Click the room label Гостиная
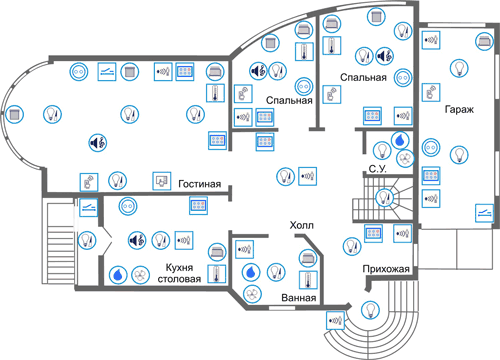pyautogui.click(x=200, y=184)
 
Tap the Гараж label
pyautogui.click(x=459, y=109)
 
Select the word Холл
pyautogui.click(x=302, y=225)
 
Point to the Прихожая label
pyautogui.click(x=386, y=269)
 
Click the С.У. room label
pyautogui.click(x=378, y=169)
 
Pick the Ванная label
pyautogui.click(x=299, y=297)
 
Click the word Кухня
pyautogui.click(x=179, y=267)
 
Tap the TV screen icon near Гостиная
pyautogui.click(x=162, y=181)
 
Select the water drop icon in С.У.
pyautogui.click(x=400, y=140)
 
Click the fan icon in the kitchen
pyautogui.click(x=140, y=275)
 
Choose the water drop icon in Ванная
pyautogui.click(x=252, y=272)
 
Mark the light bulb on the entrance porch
pyautogui.click(x=370, y=310)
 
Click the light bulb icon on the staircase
pyautogui.click(x=384, y=198)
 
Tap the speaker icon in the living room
pyautogui.click(x=98, y=143)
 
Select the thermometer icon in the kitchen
pyautogui.click(x=217, y=274)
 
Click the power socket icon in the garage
pyautogui.click(x=431, y=147)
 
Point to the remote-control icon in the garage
pyautogui.click(x=431, y=92)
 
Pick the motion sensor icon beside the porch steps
pyautogui.click(x=335, y=320)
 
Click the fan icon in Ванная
pyautogui.click(x=252, y=294)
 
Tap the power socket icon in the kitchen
pyautogui.click(x=128, y=206)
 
